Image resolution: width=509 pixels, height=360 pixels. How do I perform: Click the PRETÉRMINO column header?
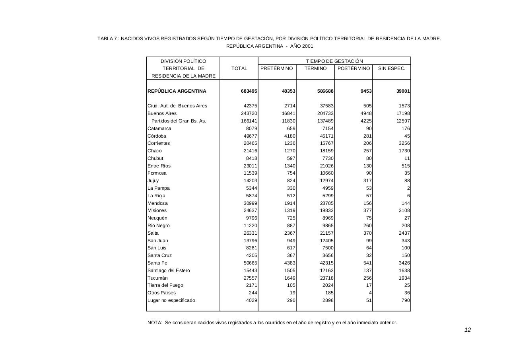[277, 68]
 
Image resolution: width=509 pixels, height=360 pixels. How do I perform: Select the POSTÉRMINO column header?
[354, 68]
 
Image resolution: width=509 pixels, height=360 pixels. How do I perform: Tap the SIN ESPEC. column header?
[392, 68]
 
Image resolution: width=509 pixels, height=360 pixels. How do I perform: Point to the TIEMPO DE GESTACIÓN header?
[334, 61]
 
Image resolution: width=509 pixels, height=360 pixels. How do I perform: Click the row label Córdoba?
[157, 136]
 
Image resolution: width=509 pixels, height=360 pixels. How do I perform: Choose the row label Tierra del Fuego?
[165, 285]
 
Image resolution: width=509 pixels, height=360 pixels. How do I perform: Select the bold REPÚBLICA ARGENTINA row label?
[177, 91]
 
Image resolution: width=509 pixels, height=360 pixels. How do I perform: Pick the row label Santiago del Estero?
[169, 270]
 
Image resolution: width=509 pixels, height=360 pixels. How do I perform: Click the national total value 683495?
[249, 91]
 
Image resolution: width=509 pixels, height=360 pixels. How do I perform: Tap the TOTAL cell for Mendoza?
[251, 203]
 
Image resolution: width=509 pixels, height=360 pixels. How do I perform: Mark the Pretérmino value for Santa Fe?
[289, 263]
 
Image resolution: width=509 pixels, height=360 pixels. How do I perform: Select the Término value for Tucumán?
[326, 278]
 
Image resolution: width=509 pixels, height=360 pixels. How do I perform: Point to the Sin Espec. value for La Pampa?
[408, 188]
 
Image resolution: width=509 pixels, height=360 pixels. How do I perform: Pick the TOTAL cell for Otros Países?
[252, 293]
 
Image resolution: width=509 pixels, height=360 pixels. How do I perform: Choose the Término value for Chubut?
[328, 158]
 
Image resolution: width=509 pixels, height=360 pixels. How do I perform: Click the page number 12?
[468, 330]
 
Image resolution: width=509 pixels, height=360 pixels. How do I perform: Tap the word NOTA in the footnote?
[154, 323]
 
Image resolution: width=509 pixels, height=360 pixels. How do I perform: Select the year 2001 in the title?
[307, 46]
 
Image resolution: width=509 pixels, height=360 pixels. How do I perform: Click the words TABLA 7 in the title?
[107, 39]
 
